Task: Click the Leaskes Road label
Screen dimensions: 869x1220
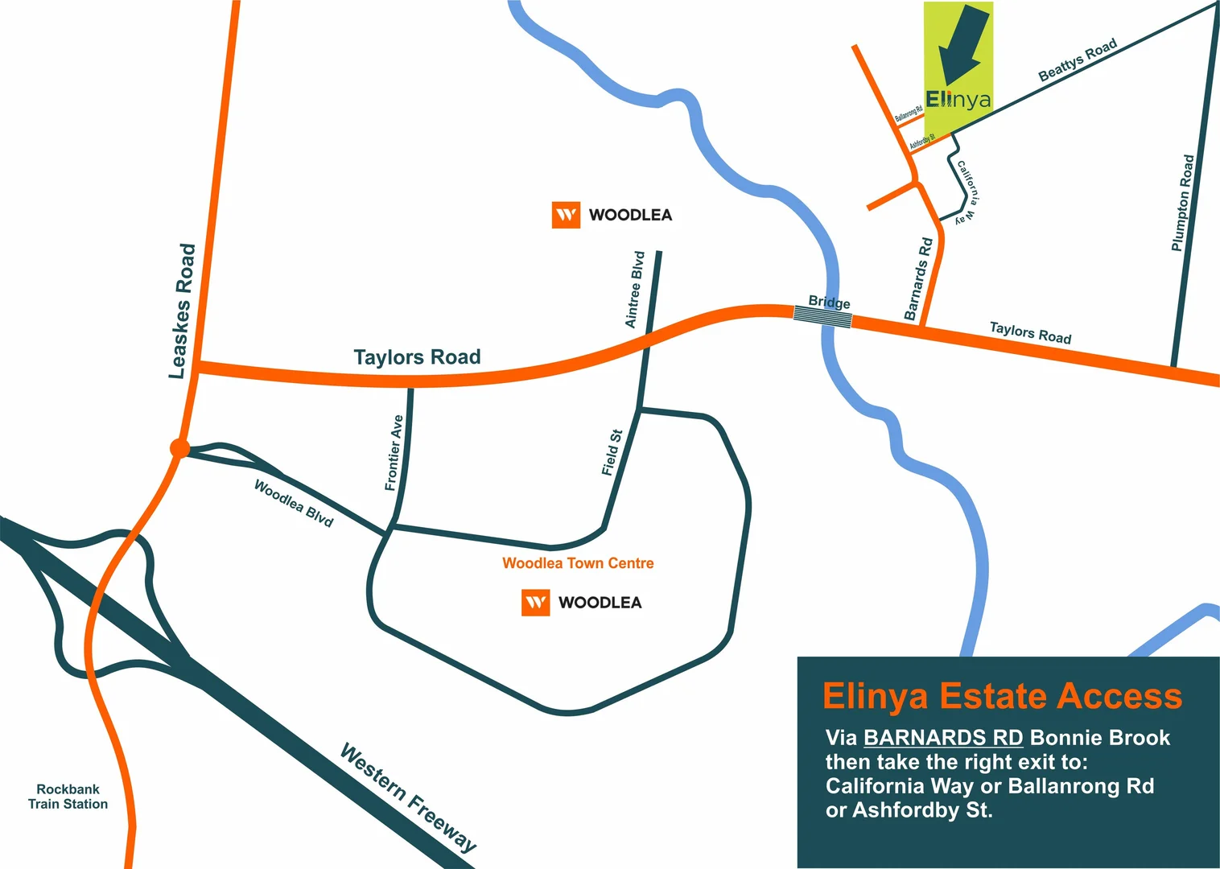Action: (x=183, y=311)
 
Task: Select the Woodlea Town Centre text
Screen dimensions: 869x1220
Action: (x=578, y=563)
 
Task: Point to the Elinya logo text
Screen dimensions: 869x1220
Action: (x=958, y=100)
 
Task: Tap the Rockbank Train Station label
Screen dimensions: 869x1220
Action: (x=68, y=797)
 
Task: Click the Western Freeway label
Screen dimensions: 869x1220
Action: (x=408, y=797)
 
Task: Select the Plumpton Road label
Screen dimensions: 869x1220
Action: (x=1182, y=203)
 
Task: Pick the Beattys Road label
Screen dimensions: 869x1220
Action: (x=1078, y=60)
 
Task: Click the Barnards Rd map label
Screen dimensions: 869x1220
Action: (x=918, y=278)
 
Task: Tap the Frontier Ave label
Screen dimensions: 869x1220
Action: (x=394, y=453)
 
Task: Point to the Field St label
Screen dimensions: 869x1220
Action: (x=612, y=452)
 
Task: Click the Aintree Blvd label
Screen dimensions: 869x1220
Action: (x=635, y=290)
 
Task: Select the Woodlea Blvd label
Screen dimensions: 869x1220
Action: (x=294, y=503)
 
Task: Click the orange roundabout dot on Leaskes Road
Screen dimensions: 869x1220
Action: (x=179, y=448)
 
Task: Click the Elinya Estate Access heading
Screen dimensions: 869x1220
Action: (x=1002, y=696)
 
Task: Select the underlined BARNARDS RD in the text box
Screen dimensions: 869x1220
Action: (x=943, y=738)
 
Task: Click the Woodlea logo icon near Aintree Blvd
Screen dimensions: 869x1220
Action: (x=566, y=215)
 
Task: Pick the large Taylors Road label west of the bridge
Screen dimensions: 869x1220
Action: (x=417, y=357)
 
